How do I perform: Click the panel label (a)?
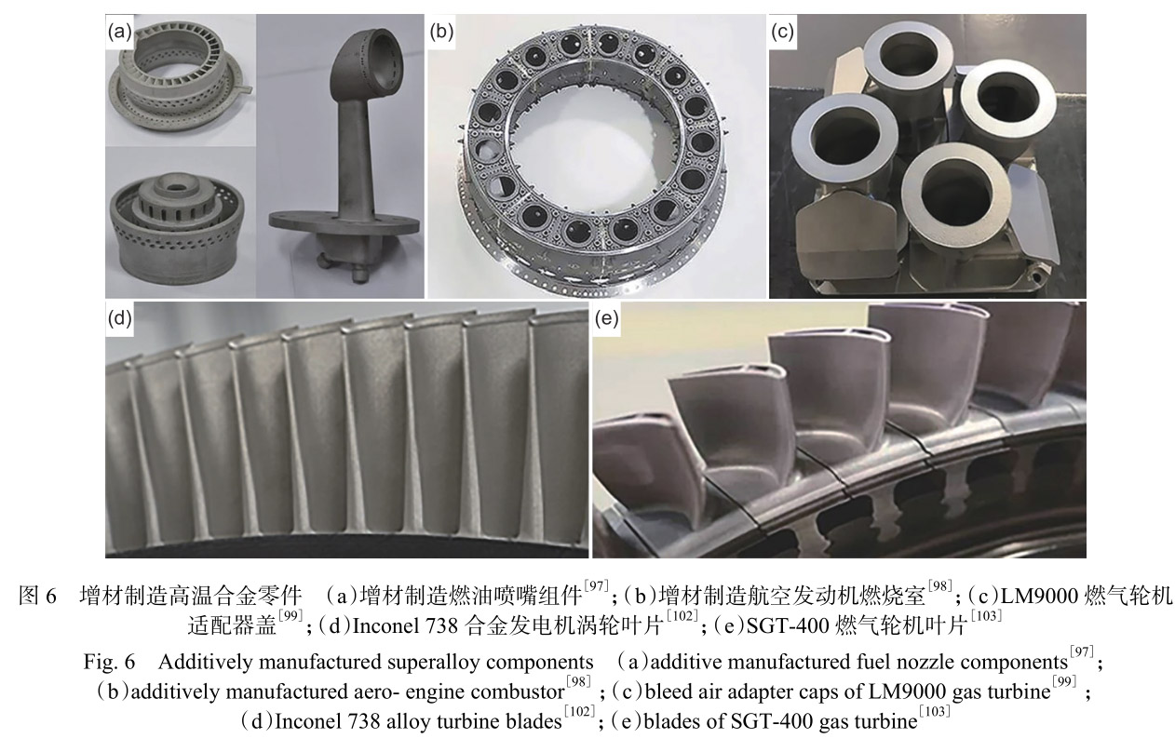point(118,31)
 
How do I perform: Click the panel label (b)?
point(440,31)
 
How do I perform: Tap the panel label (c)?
point(783,31)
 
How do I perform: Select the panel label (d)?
point(118,320)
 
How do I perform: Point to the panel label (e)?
point(606,320)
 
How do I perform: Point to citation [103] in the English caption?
point(934,712)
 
